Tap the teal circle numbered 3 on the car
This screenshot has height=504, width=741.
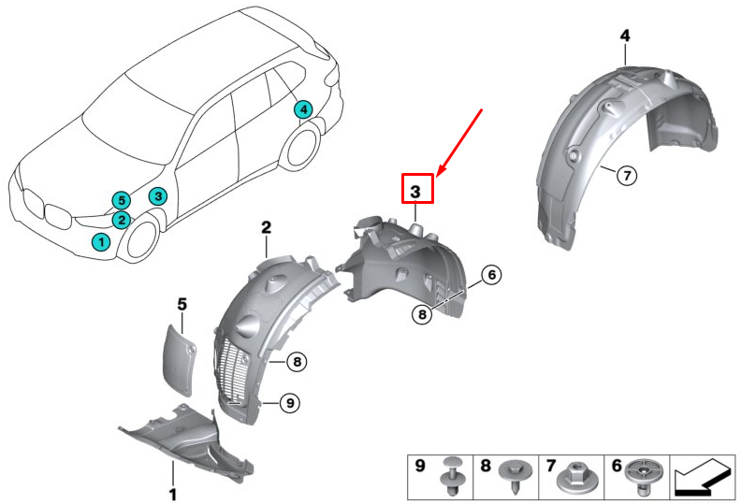159,195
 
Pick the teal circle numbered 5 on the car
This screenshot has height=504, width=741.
119,200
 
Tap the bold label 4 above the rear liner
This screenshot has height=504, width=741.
625,36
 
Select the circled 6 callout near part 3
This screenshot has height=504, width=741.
493,275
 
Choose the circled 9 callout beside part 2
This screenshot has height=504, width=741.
290,402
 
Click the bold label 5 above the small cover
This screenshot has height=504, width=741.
182,303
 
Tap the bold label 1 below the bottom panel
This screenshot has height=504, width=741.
172,492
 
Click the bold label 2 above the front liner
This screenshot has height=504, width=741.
266,227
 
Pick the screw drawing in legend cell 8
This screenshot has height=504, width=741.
514,475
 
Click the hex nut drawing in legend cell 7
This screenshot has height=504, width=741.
574,478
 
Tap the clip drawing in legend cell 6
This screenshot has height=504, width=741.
642,474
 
